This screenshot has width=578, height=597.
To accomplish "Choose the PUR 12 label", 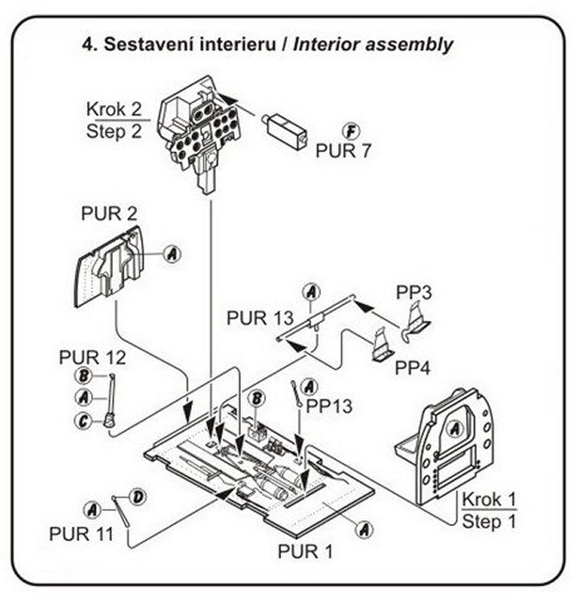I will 92,358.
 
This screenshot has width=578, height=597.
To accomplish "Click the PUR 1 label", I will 305,551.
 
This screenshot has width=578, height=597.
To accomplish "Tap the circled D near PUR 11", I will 138,495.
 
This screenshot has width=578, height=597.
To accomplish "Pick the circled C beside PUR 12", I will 81,422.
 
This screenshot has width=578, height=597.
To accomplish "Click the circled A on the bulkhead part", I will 454,429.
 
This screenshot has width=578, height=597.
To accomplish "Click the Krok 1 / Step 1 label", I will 489,511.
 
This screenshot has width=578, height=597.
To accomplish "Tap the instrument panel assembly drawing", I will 200,129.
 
